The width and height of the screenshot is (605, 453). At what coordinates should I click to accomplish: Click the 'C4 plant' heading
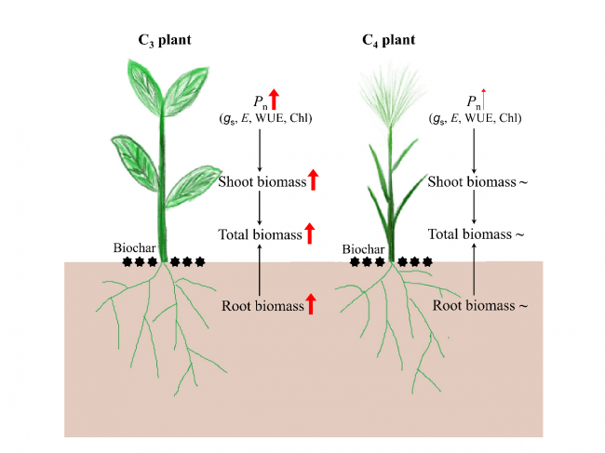pyautogui.click(x=389, y=40)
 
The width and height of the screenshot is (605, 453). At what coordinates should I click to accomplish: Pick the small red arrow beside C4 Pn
pyautogui.click(x=485, y=96)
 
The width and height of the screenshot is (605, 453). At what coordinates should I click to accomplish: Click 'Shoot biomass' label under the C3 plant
pyautogui.click(x=262, y=181)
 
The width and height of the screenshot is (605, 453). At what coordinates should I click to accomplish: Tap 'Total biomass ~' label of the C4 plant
pyautogui.click(x=477, y=235)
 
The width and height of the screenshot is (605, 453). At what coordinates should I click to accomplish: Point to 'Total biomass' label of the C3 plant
pyautogui.click(x=261, y=235)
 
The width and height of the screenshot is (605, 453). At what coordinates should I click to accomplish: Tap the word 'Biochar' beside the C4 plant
pyautogui.click(x=362, y=248)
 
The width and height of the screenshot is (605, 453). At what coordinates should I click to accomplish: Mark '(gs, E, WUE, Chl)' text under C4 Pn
pyautogui.click(x=475, y=118)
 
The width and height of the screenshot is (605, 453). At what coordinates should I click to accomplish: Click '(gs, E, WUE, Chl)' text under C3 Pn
pyautogui.click(x=264, y=118)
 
